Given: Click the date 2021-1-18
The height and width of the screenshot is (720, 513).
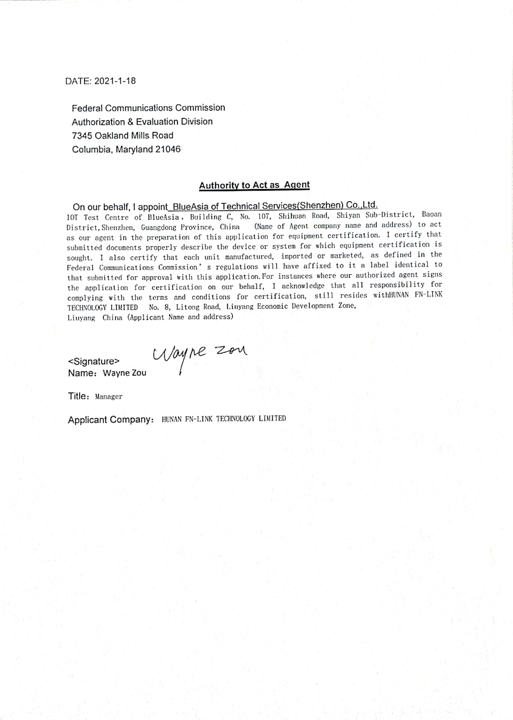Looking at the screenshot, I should pyautogui.click(x=115, y=81).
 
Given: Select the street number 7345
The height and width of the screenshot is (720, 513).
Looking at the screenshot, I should pyautogui.click(x=82, y=136).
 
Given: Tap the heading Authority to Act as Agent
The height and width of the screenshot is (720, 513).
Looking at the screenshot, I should pyautogui.click(x=254, y=185).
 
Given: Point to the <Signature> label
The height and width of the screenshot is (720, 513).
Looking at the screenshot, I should pyautogui.click(x=94, y=361).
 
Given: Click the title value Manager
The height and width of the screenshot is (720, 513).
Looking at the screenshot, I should pyautogui.click(x=109, y=397).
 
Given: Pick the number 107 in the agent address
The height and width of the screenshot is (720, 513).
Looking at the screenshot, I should pyautogui.click(x=263, y=216).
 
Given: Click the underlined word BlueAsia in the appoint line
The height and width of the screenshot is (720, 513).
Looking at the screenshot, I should pyautogui.click(x=191, y=207).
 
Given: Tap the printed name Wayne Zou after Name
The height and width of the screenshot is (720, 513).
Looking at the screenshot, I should pyautogui.click(x=125, y=373).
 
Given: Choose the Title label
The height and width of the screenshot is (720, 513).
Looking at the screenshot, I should pyautogui.click(x=77, y=396).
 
